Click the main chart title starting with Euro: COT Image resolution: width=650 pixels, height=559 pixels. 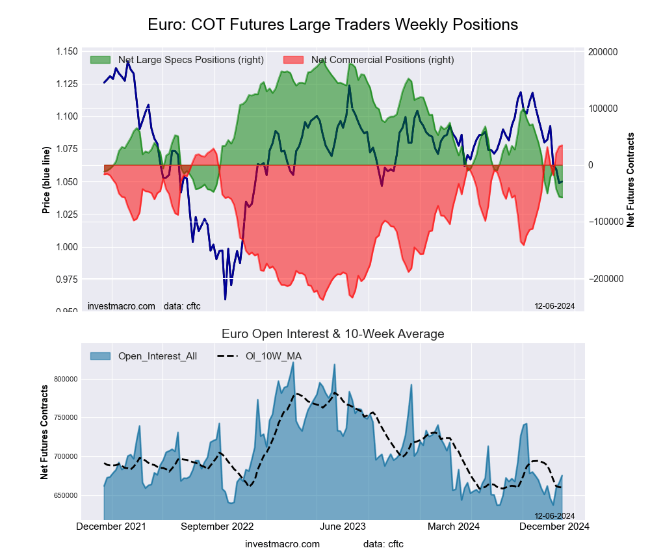(333, 25)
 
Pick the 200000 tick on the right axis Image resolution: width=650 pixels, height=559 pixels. (603, 52)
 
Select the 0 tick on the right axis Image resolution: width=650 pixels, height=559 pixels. (591, 165)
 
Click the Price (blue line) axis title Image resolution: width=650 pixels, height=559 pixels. (46, 181)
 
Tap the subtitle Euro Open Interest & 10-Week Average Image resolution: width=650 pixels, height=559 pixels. (333, 334)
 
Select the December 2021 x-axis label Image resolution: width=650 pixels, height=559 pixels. (111, 526)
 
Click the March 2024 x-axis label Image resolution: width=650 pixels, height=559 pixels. (455, 526)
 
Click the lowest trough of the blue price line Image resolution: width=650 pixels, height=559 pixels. (225, 300)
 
